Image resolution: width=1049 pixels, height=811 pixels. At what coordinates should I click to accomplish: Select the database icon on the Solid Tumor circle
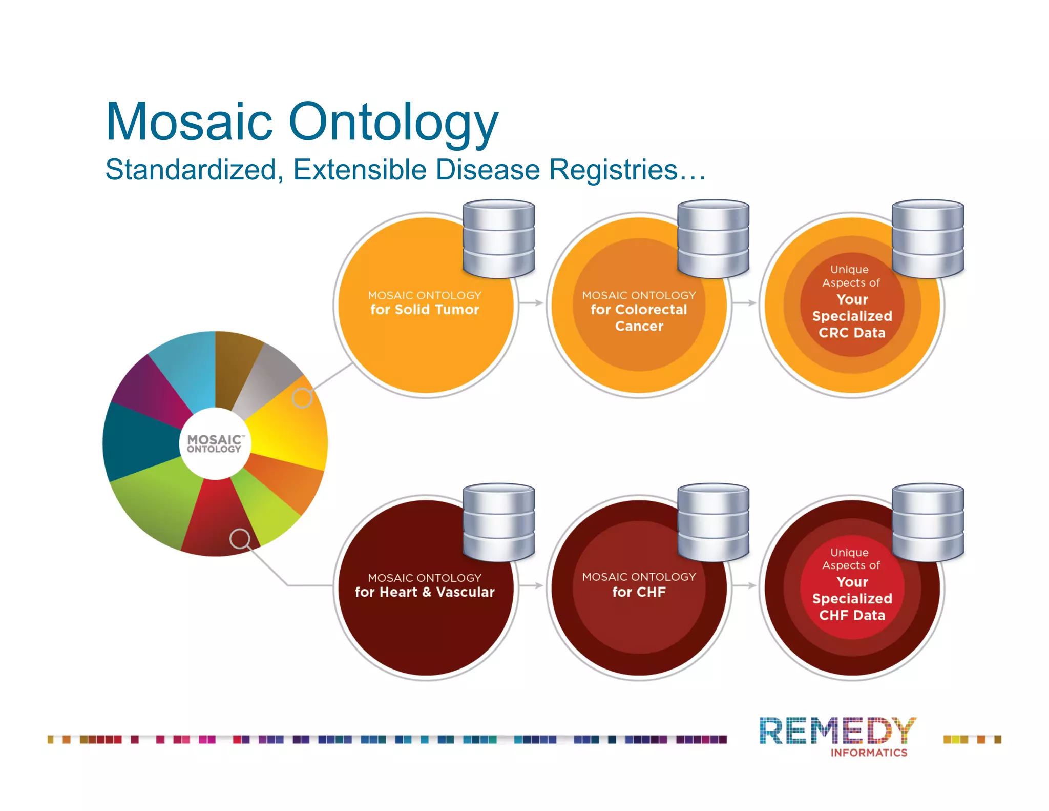499,238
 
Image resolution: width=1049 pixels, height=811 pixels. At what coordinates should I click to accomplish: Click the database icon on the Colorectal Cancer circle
713,238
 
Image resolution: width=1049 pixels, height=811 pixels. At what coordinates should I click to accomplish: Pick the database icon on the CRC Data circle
928,238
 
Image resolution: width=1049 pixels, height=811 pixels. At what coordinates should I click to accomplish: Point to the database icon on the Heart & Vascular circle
499,521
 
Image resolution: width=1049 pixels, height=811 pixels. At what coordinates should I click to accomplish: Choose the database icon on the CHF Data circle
928,521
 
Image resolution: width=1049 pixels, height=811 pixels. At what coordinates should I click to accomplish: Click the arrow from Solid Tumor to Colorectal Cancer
532,303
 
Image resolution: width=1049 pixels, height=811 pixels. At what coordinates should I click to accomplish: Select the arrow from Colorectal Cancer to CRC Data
745,303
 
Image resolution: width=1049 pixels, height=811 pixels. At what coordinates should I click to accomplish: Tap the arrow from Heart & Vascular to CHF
532,585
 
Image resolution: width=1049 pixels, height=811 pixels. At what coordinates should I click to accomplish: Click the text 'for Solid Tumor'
425,310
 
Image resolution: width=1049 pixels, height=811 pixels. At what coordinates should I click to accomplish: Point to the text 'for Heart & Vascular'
425,592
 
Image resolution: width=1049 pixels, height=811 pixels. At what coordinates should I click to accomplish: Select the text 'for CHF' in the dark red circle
639,592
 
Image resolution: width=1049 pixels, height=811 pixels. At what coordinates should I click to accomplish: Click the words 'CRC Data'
852,333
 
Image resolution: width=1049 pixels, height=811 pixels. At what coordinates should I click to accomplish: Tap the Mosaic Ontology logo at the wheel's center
215,444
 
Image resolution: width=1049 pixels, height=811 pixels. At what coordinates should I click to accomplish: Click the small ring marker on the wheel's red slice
240,538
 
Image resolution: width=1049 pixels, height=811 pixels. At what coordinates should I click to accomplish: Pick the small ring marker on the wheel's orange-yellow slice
302,397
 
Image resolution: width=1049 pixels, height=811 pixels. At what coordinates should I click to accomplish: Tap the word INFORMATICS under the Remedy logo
869,753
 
